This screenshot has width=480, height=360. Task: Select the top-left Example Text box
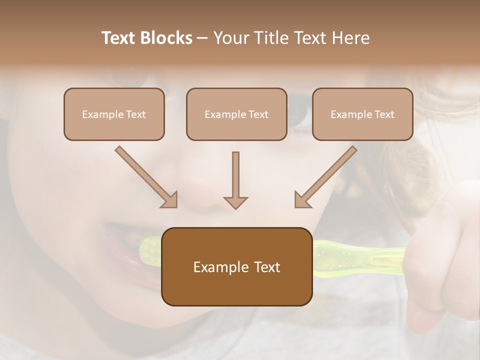[114, 114]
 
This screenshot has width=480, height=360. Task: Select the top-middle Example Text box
[236, 114]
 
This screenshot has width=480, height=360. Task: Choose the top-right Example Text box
[362, 114]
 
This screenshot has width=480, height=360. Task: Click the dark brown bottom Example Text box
[236, 267]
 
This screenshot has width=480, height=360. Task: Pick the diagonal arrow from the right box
[325, 177]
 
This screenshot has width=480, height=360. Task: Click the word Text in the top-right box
[384, 114]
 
